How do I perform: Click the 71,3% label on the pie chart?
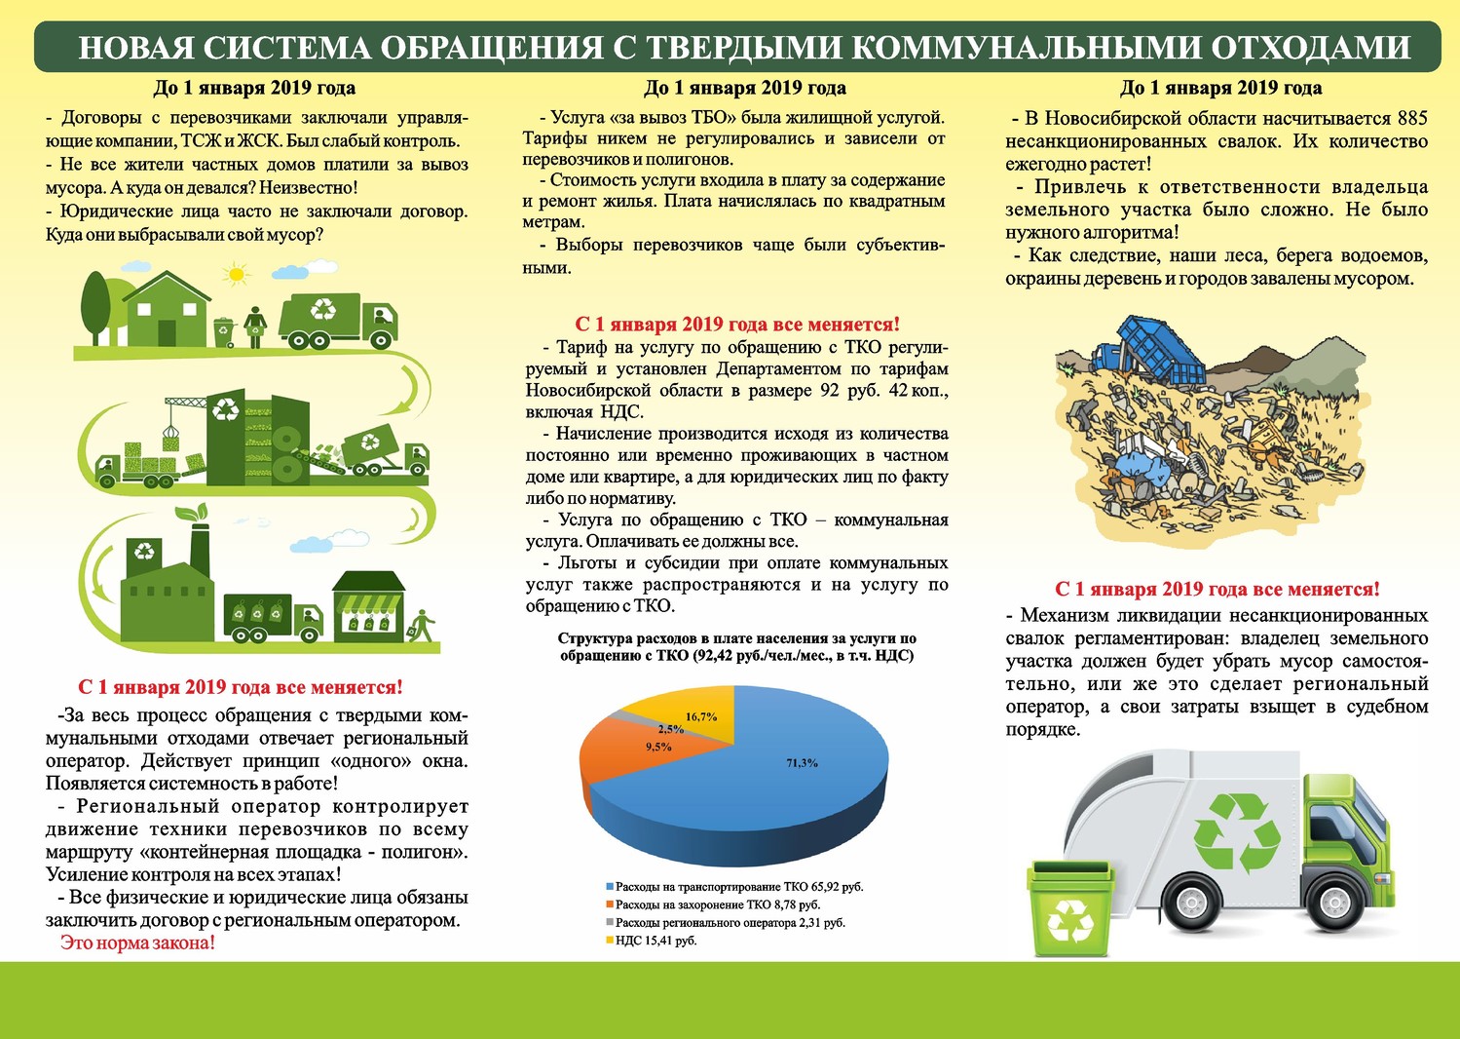tap(802, 762)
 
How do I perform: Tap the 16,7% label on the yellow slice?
tap(701, 716)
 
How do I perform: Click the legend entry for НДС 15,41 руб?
tap(652, 941)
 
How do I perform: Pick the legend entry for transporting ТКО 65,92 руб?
tap(734, 887)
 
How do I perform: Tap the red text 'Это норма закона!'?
tap(137, 943)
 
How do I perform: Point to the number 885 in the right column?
tap(1412, 118)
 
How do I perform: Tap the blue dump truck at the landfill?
tap(1148, 352)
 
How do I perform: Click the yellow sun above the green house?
tap(236, 274)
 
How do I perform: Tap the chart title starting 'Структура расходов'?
tap(736, 647)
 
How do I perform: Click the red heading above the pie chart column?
tap(736, 325)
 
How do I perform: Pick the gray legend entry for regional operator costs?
tap(726, 923)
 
